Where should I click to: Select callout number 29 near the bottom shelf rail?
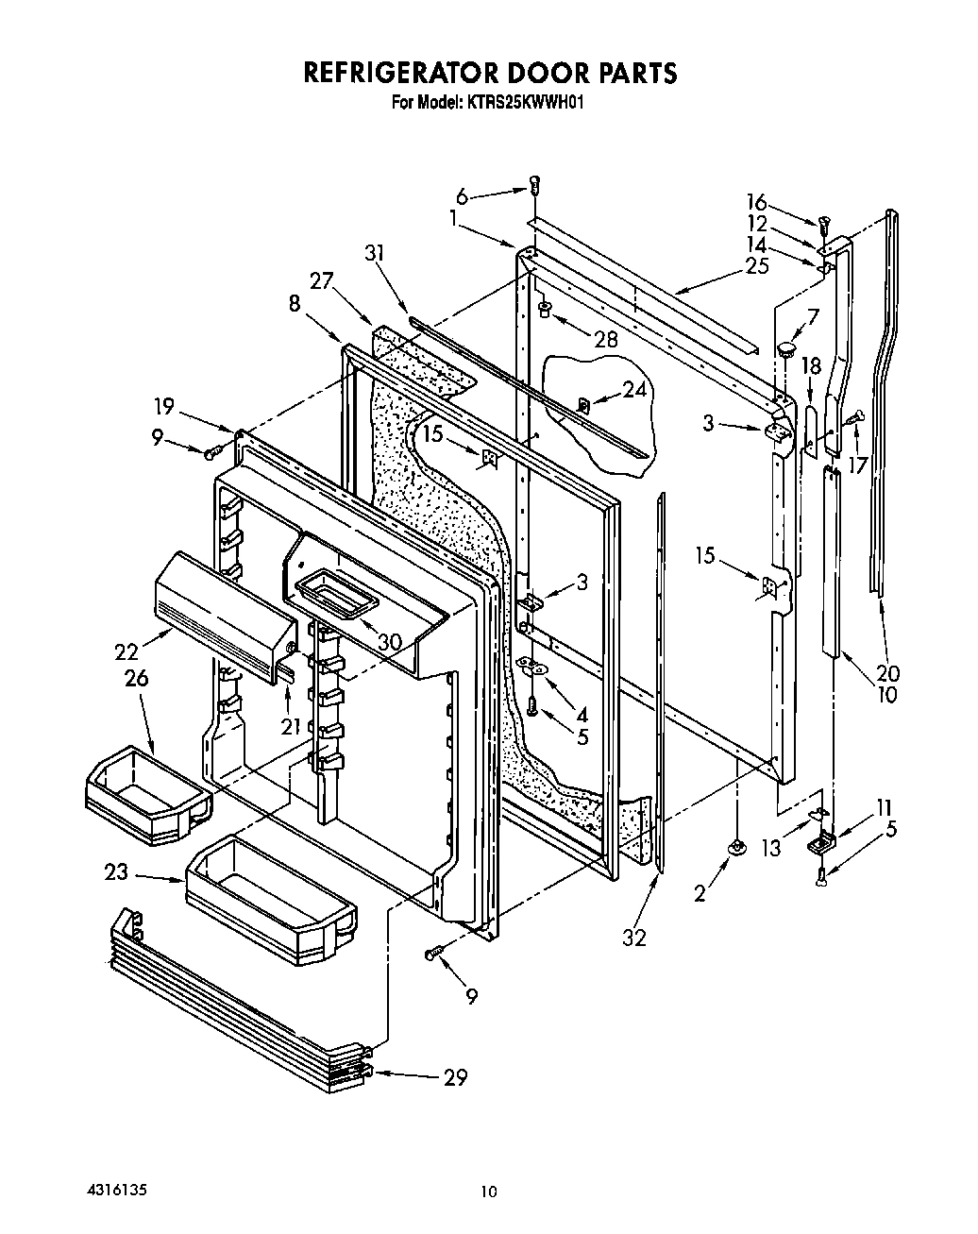click(455, 1077)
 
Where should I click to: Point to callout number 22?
click(126, 651)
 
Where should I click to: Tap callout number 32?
click(635, 938)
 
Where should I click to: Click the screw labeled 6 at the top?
click(535, 185)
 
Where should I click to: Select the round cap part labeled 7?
click(785, 349)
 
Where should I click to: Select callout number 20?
click(887, 672)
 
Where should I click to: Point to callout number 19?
click(164, 406)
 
